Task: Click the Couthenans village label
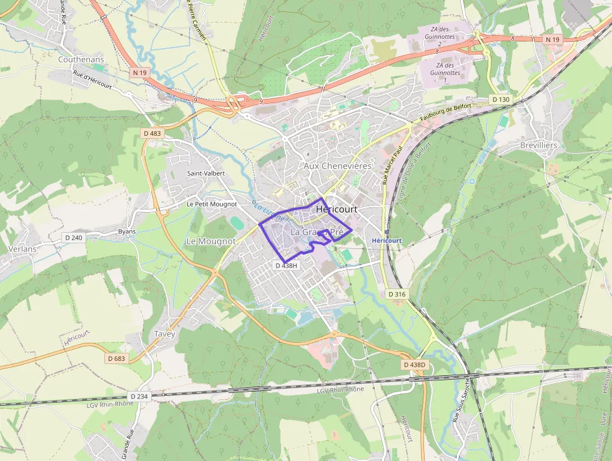pyautogui.click(x=81, y=59)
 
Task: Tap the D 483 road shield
pyautogui.click(x=152, y=133)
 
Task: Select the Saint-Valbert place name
pyautogui.click(x=205, y=173)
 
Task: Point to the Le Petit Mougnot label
pyautogui.click(x=212, y=204)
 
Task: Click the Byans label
pyautogui.click(x=127, y=231)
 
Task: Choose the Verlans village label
pyautogui.click(x=23, y=248)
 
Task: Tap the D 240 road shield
pyautogui.click(x=73, y=238)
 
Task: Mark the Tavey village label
pyautogui.click(x=165, y=334)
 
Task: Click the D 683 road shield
pyautogui.click(x=116, y=358)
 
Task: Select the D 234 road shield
pyautogui.click(x=139, y=396)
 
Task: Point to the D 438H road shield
pyautogui.click(x=287, y=265)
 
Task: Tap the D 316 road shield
pyautogui.click(x=397, y=294)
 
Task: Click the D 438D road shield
pyautogui.click(x=414, y=365)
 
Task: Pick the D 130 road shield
pyautogui.click(x=500, y=99)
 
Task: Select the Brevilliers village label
pyautogui.click(x=538, y=145)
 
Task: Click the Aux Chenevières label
pyautogui.click(x=337, y=166)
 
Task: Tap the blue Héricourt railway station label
pyautogui.click(x=386, y=241)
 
